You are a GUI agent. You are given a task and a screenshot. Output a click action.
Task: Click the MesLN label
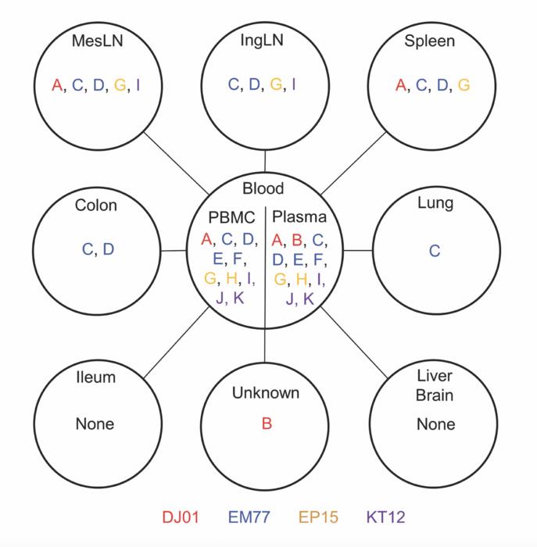coord(98,41)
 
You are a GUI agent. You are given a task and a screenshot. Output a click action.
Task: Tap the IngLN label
coord(262,41)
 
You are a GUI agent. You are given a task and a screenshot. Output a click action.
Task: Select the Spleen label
coord(430,41)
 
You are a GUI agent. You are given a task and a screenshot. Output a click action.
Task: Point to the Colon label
coord(96,205)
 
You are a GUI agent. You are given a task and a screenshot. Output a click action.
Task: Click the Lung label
coord(435,203)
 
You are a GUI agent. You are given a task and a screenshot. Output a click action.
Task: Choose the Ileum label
coord(95,377)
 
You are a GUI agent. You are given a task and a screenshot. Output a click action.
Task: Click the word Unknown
coord(266,393)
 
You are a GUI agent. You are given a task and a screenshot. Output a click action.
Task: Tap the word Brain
coord(435,395)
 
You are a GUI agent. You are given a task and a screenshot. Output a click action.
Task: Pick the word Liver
coord(435,376)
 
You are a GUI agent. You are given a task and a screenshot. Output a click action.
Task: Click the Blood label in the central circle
coord(263,188)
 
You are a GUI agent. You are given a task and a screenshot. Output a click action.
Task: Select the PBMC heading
coord(231,217)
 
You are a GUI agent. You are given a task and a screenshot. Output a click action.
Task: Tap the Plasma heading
coord(299,216)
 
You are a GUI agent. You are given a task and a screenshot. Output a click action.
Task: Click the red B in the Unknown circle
coord(267,424)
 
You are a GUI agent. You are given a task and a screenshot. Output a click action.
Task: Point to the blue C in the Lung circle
coord(435,251)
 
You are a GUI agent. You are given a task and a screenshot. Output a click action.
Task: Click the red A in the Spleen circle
coord(401,84)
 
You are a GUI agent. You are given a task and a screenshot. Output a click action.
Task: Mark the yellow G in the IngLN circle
coord(276,84)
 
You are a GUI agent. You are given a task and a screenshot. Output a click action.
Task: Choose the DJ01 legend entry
coord(181,517)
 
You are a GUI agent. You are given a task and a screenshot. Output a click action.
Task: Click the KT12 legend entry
coord(385,517)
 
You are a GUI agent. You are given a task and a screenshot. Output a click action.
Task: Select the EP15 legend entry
coord(318,517)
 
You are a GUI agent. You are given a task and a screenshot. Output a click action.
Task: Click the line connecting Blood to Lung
coord(358,250)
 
